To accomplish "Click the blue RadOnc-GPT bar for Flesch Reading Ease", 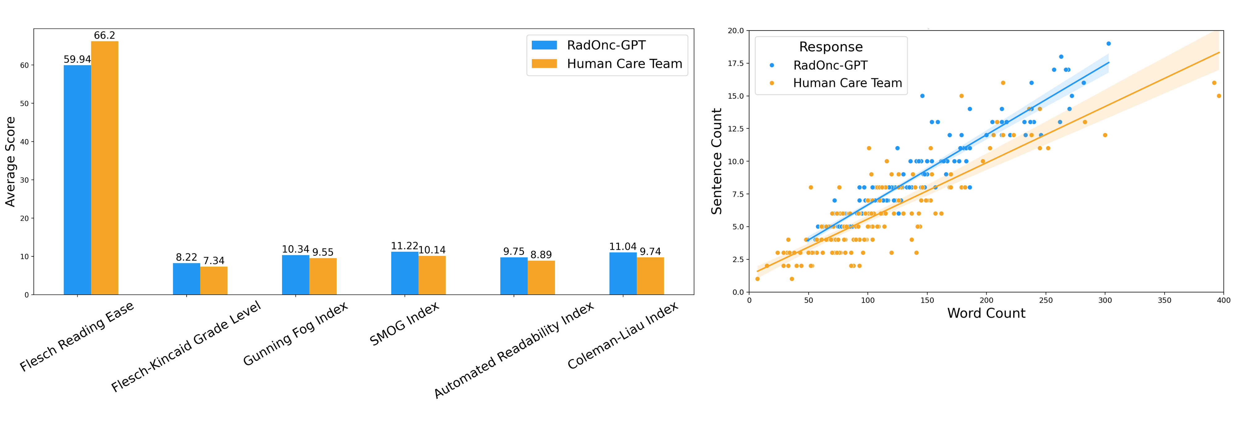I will coord(77,180).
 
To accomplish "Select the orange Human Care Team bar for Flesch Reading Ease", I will coord(105,168).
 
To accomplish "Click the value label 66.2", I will coord(105,36).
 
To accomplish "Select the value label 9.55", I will coord(323,252).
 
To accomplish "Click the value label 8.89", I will coord(541,255).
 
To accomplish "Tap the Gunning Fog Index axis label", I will coord(296,335).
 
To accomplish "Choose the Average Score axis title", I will coord(10,162).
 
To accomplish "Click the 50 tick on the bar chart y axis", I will coord(24,104).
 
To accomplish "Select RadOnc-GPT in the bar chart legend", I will coord(606,45).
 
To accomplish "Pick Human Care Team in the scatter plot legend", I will coord(847,83).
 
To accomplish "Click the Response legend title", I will coord(831,47).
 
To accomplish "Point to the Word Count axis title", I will coord(986,314).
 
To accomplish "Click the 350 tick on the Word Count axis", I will coord(1165,301).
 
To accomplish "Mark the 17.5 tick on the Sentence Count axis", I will coord(735,63).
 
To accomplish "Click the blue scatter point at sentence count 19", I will coord(1108,44).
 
